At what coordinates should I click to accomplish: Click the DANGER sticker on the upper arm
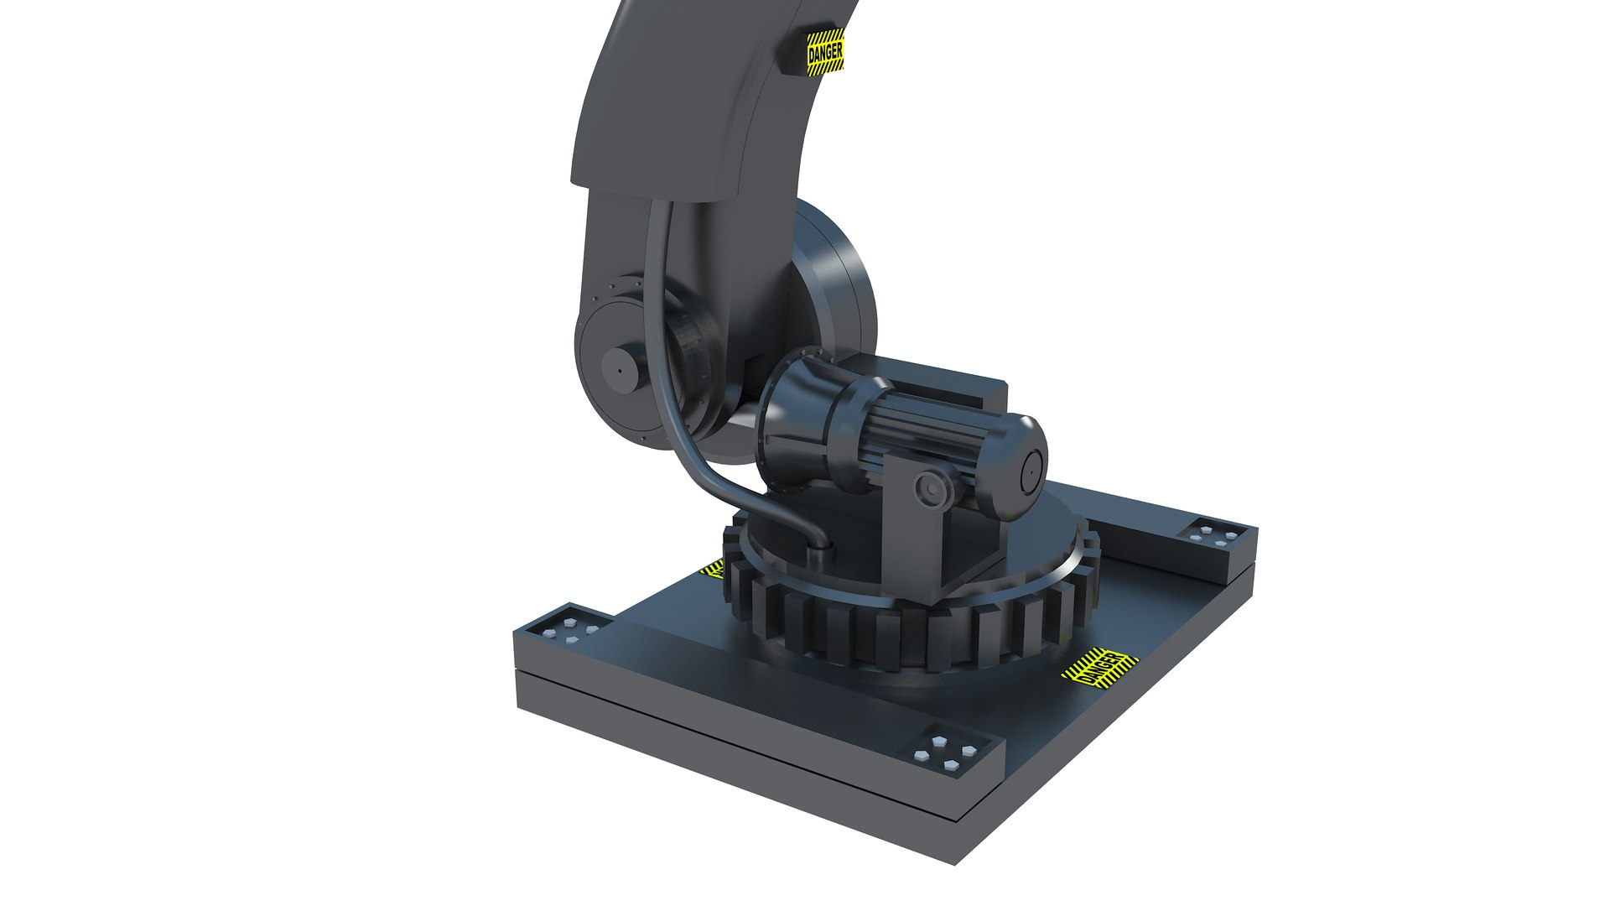[824, 53]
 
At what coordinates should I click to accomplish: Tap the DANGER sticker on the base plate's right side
[1101, 668]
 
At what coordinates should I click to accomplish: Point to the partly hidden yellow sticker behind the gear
[713, 570]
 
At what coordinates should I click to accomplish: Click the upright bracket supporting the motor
[914, 537]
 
